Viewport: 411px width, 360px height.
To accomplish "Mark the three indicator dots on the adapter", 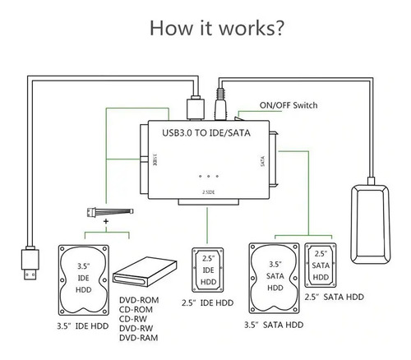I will [x=208, y=176].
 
